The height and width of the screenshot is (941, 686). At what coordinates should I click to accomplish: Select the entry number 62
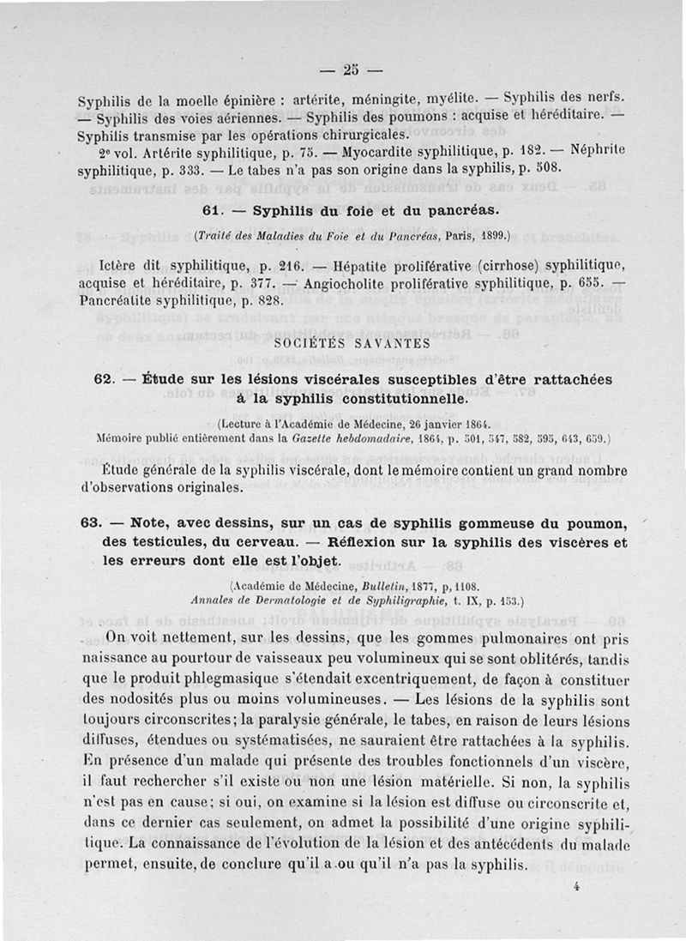click(x=103, y=379)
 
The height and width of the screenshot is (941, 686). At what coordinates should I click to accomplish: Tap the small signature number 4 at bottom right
click(x=578, y=890)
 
